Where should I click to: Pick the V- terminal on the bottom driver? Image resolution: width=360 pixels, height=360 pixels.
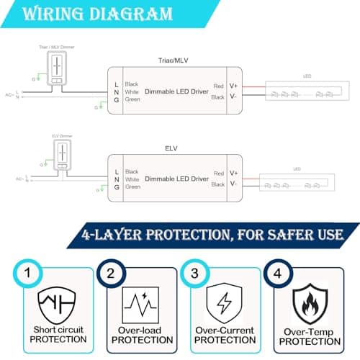pos(233,184)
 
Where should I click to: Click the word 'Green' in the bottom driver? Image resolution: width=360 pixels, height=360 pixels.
pos(132,186)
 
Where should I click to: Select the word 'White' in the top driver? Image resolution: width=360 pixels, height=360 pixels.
pos(132,92)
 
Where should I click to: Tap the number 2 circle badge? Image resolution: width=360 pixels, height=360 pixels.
pos(110,274)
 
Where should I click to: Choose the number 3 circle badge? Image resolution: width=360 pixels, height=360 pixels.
pos(194,274)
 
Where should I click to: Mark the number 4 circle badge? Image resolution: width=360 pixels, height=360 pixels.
pos(277,274)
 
